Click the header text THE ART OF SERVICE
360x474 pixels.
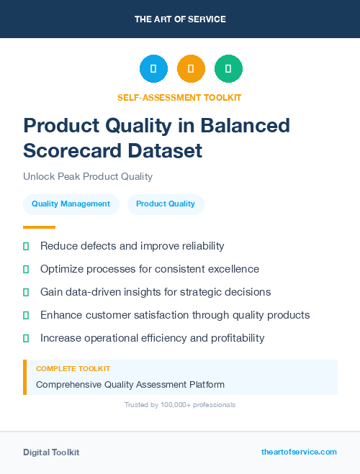pos(180,19)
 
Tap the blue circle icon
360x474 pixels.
pos(153,69)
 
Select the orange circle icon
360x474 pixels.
pos(191,69)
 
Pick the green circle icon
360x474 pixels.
pos(228,69)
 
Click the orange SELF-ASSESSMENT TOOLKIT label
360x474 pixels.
pos(179,97)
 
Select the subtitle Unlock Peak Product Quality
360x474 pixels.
pos(88,176)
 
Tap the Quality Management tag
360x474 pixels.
pos(71,204)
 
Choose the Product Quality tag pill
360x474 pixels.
pos(166,204)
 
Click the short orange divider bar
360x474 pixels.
pos(34,227)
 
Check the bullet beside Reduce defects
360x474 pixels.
pos(26,246)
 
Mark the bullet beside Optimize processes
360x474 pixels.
pos(26,269)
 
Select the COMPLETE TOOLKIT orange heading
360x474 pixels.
pos(73,368)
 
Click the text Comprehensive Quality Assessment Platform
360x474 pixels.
pos(130,385)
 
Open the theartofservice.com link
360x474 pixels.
pos(299,452)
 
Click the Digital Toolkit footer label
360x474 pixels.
pos(51,452)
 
